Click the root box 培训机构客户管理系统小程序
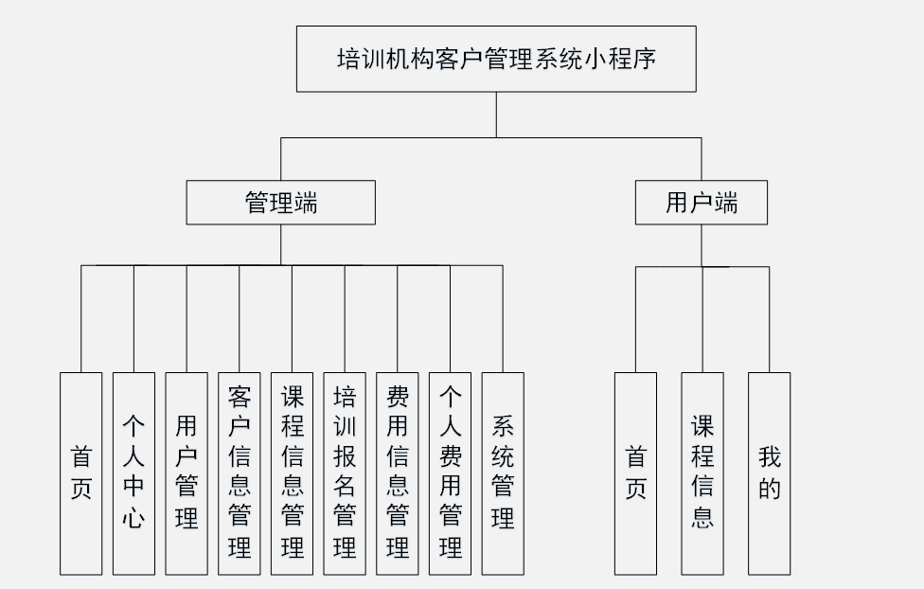(x=496, y=59)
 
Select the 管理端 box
(x=280, y=203)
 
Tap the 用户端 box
(x=701, y=203)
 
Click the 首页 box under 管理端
(x=80, y=473)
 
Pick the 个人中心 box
(x=133, y=473)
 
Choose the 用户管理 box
(x=187, y=473)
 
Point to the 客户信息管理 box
(x=240, y=473)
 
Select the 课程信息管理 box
(x=293, y=473)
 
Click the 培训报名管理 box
(x=345, y=473)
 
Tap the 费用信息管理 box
(x=398, y=473)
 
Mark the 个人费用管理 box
(x=451, y=473)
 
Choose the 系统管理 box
(x=503, y=473)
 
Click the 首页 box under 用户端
(x=635, y=473)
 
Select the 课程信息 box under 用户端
(x=702, y=473)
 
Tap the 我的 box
(x=769, y=473)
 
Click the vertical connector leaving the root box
(x=496, y=115)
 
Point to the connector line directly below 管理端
(x=280, y=244)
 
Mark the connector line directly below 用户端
(x=702, y=245)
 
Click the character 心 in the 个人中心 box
(x=133, y=518)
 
